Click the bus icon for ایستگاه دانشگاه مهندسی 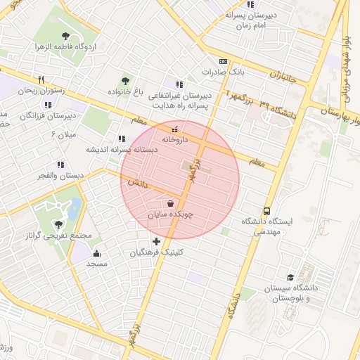pos(266,210)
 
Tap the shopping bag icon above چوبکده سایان pos(172,203)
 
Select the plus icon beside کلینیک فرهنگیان pos(156,241)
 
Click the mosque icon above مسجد pos(96,253)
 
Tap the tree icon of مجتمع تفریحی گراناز pos(59,225)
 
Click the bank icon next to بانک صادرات pos(224,61)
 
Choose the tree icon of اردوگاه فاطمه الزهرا pos(65,36)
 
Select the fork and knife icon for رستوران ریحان pos(41,79)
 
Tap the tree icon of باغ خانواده pos(126,81)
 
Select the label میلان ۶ pos(63,134)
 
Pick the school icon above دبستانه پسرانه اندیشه pos(122,139)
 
